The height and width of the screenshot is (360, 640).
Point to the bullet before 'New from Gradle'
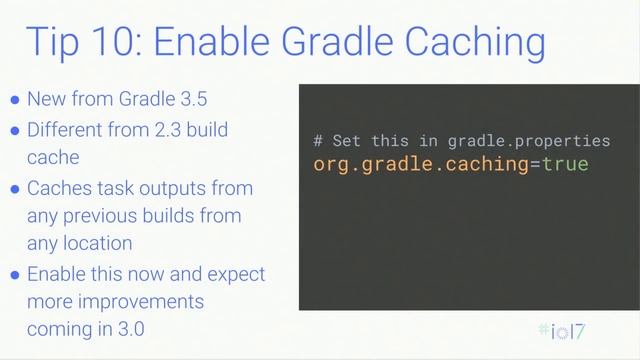pos(14,101)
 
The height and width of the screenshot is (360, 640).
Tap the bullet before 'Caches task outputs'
pos(14,189)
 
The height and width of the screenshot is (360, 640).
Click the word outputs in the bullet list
pos(218,188)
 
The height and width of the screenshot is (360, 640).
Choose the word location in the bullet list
pos(96,243)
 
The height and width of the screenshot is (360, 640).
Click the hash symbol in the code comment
pos(318,141)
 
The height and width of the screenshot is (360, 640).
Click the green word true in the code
pos(565,164)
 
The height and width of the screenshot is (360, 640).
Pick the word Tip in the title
pos(53,44)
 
